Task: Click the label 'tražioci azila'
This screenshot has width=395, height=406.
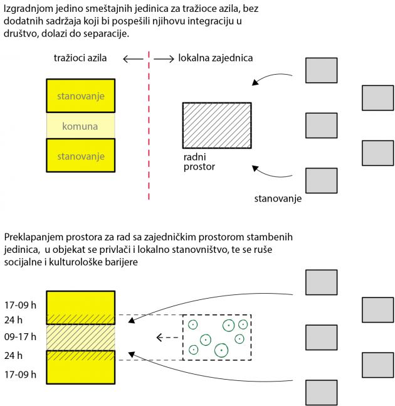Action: [x=80, y=58]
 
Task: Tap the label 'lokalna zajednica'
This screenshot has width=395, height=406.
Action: [x=215, y=58]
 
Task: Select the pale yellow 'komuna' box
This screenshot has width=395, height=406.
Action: [x=80, y=126]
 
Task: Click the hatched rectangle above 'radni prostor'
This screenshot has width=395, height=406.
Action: [x=217, y=125]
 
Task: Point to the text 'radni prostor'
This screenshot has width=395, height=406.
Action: [x=199, y=161]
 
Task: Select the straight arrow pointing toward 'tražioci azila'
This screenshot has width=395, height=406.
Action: [x=133, y=58]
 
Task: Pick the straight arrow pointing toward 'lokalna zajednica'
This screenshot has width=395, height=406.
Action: [x=163, y=58]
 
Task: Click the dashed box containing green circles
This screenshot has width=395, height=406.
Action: [x=216, y=337]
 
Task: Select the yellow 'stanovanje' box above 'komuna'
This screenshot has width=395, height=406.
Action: [x=80, y=95]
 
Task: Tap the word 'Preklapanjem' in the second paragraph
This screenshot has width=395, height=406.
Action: [x=33, y=237]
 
